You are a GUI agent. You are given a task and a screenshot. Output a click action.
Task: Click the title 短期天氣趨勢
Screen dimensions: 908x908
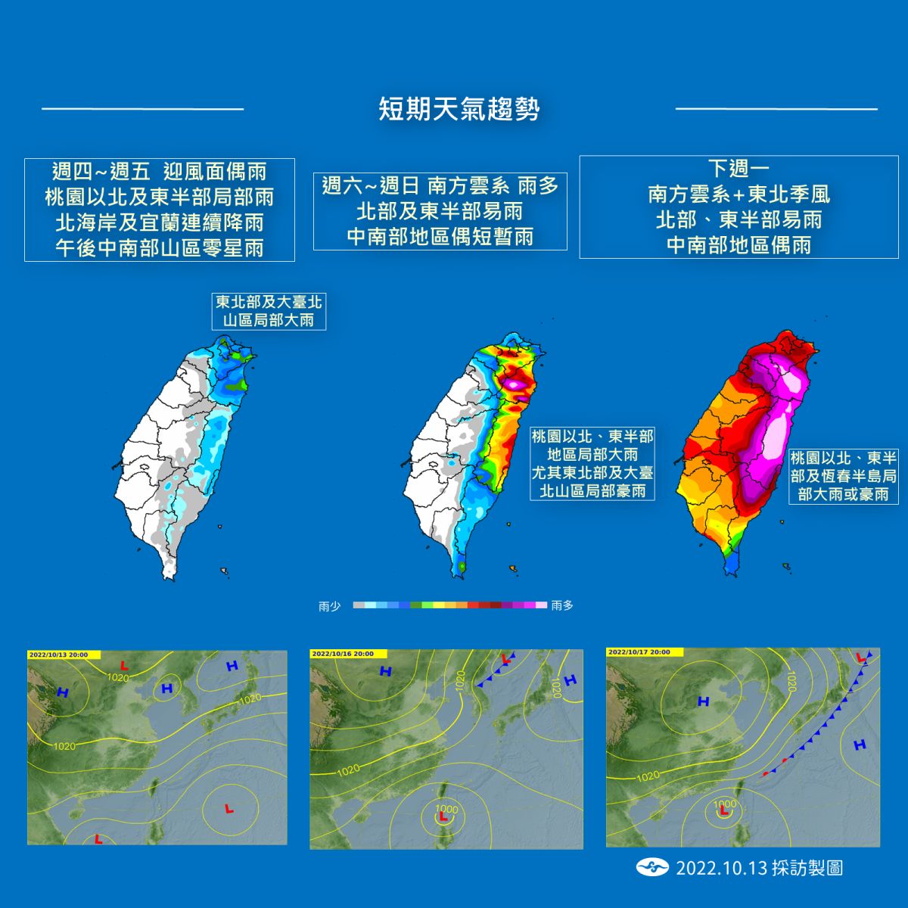[x=459, y=109]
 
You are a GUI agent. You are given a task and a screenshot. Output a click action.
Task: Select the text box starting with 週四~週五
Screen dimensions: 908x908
[x=159, y=209]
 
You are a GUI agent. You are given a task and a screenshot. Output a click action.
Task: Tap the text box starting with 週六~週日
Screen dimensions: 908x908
[x=440, y=211]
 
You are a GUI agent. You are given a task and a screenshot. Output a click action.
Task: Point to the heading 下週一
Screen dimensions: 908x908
[x=739, y=169]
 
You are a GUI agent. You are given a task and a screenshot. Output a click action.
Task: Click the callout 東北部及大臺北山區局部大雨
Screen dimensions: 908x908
[x=269, y=311]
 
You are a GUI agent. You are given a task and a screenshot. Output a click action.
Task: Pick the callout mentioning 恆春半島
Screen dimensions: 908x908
[x=843, y=477]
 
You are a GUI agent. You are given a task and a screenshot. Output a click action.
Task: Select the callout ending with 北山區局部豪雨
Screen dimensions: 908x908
[x=592, y=463]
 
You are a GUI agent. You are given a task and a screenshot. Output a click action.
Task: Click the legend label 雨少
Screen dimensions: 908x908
[x=329, y=606]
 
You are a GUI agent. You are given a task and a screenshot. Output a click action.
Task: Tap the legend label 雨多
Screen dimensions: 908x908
[x=562, y=606]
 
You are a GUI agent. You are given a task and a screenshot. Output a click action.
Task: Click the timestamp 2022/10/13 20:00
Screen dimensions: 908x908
[x=58, y=655]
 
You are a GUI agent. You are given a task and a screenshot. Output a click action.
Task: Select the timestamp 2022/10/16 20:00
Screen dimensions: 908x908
[x=343, y=654]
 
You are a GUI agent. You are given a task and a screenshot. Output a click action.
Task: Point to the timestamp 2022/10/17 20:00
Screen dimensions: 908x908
[x=639, y=652]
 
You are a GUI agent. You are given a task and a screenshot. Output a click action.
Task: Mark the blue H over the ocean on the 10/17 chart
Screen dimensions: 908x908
[x=859, y=745]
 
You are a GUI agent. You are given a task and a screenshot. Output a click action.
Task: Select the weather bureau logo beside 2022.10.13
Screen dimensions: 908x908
[x=652, y=867]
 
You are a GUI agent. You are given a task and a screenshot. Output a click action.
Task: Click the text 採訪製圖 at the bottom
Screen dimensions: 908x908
[x=807, y=868]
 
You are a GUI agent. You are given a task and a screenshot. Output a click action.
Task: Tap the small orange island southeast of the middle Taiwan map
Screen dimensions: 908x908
[x=514, y=567]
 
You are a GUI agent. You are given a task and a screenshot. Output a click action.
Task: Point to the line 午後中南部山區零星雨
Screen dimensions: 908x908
[x=159, y=248]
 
